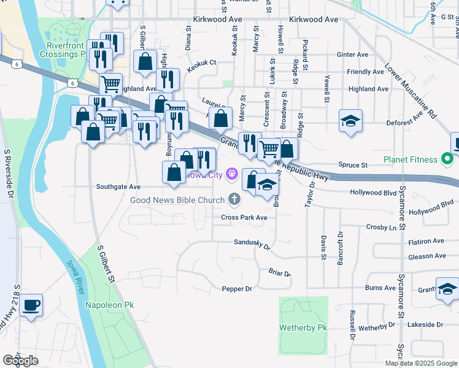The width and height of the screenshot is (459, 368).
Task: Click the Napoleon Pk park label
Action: pyautogui.click(x=109, y=305)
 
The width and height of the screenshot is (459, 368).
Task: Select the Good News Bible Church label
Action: pyautogui.click(x=177, y=199)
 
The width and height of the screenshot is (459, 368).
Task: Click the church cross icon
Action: pyautogui.click(x=233, y=199)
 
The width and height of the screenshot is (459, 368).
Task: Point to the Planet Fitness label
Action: pyautogui.click(x=411, y=160)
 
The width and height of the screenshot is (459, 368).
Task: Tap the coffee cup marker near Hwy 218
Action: pyautogui.click(x=31, y=305)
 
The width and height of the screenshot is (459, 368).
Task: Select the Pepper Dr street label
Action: pyautogui.click(x=237, y=288)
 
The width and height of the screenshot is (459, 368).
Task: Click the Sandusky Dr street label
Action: pyautogui.click(x=252, y=243)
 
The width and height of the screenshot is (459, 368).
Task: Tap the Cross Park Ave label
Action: pyautogui.click(x=244, y=218)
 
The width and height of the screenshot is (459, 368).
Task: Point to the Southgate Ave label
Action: pyautogui.click(x=118, y=186)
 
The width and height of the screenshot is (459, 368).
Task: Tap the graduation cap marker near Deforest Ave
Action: pyautogui.click(x=350, y=121)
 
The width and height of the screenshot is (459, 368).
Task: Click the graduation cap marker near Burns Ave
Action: pyautogui.click(x=447, y=288)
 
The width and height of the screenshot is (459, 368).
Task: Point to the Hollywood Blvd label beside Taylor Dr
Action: pyautogui.click(x=373, y=192)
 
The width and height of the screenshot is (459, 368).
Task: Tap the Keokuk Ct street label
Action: pyautogui.click(x=202, y=63)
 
